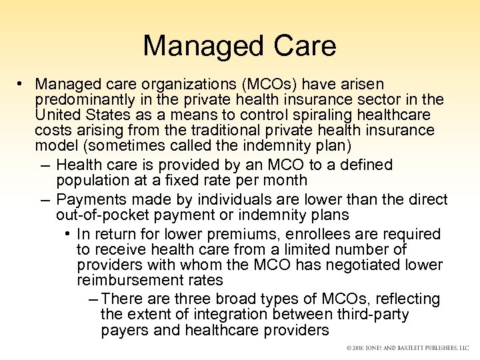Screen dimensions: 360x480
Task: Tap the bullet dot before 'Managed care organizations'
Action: (x=22, y=84)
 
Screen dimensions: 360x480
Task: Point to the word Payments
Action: (x=88, y=199)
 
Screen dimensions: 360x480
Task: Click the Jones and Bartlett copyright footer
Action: (x=407, y=349)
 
